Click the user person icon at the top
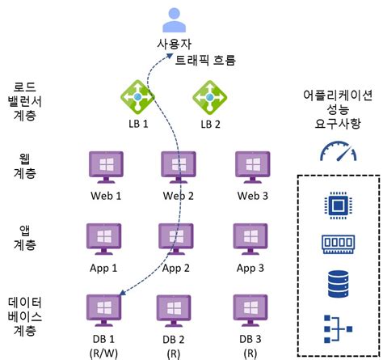point(175,19)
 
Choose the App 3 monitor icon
point(250,238)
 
